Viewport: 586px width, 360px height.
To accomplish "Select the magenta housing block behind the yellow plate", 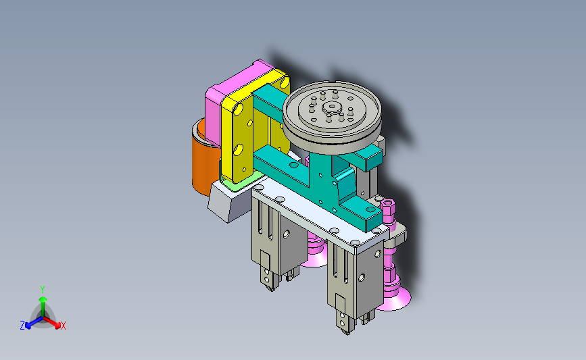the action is point(224,97).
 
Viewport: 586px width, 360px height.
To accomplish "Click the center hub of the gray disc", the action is point(331,107).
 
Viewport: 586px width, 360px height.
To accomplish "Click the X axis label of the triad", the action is point(63,326).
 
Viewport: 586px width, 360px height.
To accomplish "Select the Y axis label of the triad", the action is point(43,290).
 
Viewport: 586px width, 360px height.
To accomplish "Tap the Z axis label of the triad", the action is point(22,326).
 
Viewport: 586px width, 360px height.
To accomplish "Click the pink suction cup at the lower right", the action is point(393,299).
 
